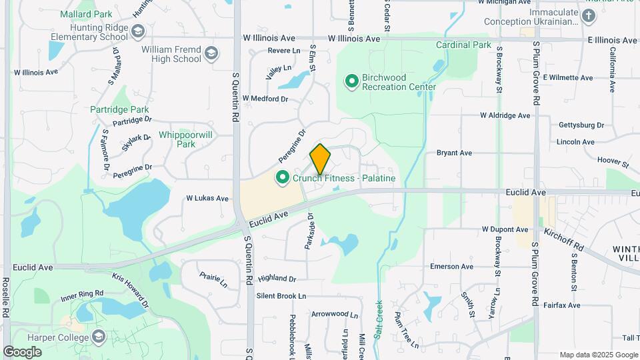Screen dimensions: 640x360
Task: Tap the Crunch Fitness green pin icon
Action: click(283, 177)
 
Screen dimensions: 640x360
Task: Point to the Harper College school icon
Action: click(99, 337)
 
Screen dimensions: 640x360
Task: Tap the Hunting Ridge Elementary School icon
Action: click(138, 31)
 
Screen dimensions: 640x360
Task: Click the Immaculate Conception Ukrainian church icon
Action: click(588, 16)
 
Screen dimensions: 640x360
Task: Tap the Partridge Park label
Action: click(120, 109)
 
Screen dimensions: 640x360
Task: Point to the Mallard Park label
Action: click(86, 13)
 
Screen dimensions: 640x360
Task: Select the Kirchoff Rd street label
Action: click(564, 239)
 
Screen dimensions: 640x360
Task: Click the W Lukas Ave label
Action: click(207, 199)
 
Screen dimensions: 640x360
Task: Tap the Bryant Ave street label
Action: click(455, 153)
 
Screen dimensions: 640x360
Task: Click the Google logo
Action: click(23, 352)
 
